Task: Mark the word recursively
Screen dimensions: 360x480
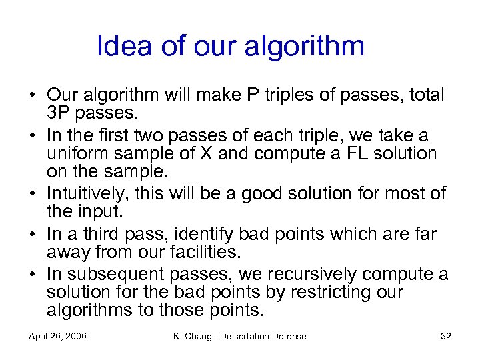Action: click(x=307, y=274)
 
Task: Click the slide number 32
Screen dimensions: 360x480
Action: click(x=446, y=336)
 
